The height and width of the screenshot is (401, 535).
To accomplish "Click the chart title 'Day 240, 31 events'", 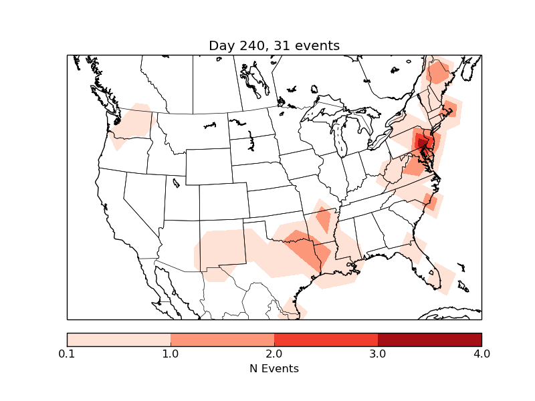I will point(274,45).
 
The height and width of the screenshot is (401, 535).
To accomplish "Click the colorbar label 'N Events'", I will point(274,368).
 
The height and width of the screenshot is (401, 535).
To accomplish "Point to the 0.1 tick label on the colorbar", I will point(67,354).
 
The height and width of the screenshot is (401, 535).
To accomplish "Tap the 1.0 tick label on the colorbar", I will point(171,354).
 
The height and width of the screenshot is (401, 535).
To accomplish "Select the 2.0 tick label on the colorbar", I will point(274,354).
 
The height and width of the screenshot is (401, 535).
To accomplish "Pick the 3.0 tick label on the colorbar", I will point(378,354).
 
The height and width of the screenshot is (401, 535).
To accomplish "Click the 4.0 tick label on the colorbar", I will point(481,354).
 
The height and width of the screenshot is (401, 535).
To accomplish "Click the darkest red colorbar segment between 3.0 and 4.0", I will point(429,339).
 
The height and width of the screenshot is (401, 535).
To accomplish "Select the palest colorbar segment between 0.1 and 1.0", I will point(118,339).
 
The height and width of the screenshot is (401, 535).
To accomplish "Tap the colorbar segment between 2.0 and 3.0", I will point(326,339).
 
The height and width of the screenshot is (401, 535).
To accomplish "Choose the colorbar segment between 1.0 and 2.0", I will point(222,339).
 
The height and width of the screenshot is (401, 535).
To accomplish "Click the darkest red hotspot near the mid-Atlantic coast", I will point(421,142).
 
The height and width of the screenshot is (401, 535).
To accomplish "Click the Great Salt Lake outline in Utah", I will point(176,182).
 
